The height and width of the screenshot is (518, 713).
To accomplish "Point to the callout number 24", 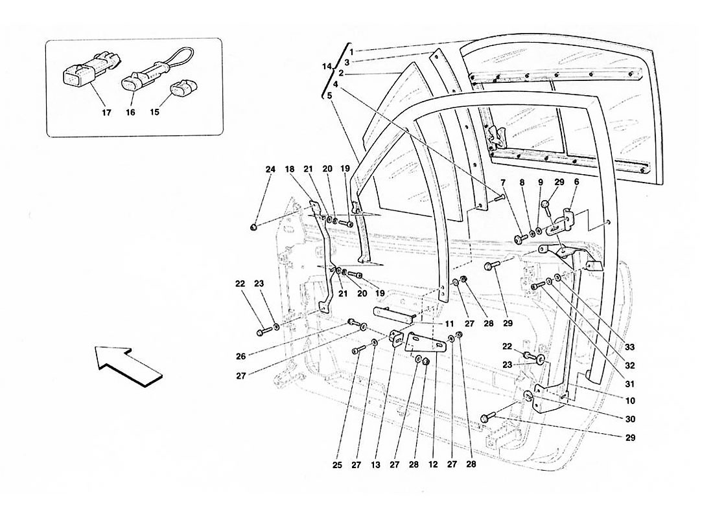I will click(270, 170).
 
